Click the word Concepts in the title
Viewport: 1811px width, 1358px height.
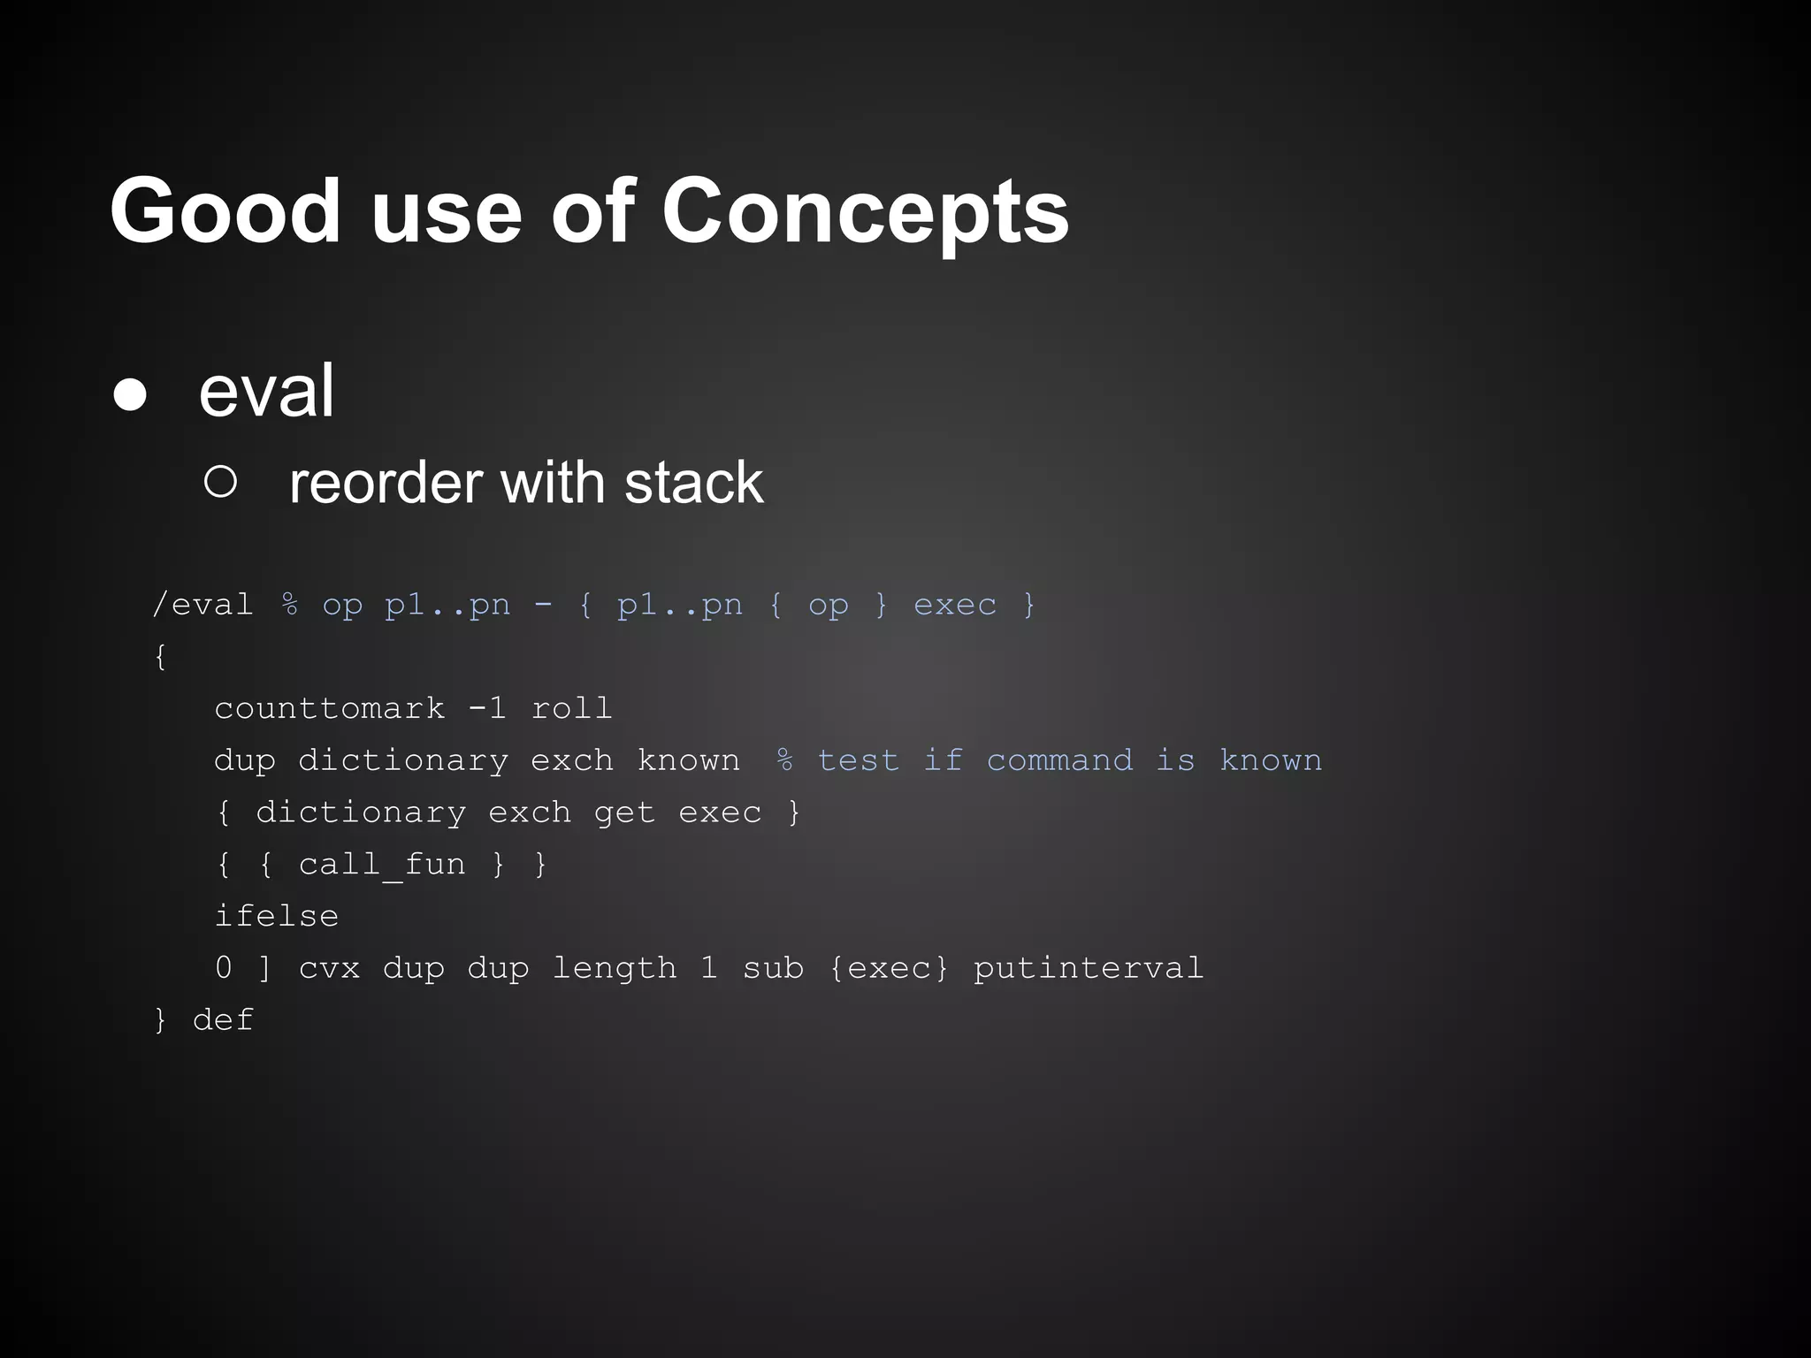[865, 212]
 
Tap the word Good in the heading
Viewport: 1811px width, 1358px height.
[225, 212]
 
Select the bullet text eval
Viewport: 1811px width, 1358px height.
[266, 392]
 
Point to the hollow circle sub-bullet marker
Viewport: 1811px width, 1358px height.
[220, 482]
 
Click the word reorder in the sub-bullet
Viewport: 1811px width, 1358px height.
[386, 484]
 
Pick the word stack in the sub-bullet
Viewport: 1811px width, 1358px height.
[693, 484]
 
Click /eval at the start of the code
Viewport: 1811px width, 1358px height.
[202, 605]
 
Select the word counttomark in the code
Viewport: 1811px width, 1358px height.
[329, 708]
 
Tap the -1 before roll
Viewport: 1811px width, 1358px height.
[487, 708]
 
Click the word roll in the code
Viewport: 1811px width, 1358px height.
[571, 708]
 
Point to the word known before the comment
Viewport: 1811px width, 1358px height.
[688, 760]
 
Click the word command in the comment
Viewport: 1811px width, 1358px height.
[1059, 760]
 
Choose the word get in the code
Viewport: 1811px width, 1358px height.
[624, 813]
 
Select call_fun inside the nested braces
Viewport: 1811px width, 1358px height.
[382, 864]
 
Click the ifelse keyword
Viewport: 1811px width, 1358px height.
[277, 916]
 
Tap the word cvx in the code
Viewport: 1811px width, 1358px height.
[329, 968]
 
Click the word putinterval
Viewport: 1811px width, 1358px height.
[1088, 968]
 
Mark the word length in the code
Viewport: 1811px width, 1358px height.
[614, 968]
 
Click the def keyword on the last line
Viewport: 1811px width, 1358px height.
[223, 1020]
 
